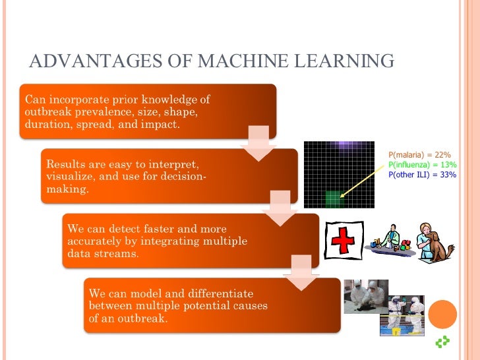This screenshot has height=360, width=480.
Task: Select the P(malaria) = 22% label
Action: click(419, 154)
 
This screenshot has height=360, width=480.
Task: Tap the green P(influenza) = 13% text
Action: click(421, 164)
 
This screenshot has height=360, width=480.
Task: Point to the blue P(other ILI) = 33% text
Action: click(422, 175)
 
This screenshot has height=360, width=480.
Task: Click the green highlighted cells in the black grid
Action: click(335, 195)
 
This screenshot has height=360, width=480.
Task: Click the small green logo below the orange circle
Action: click(443, 342)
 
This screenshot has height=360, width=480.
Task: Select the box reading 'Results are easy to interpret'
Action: click(169, 175)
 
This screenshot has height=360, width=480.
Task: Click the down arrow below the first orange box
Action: click(258, 142)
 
